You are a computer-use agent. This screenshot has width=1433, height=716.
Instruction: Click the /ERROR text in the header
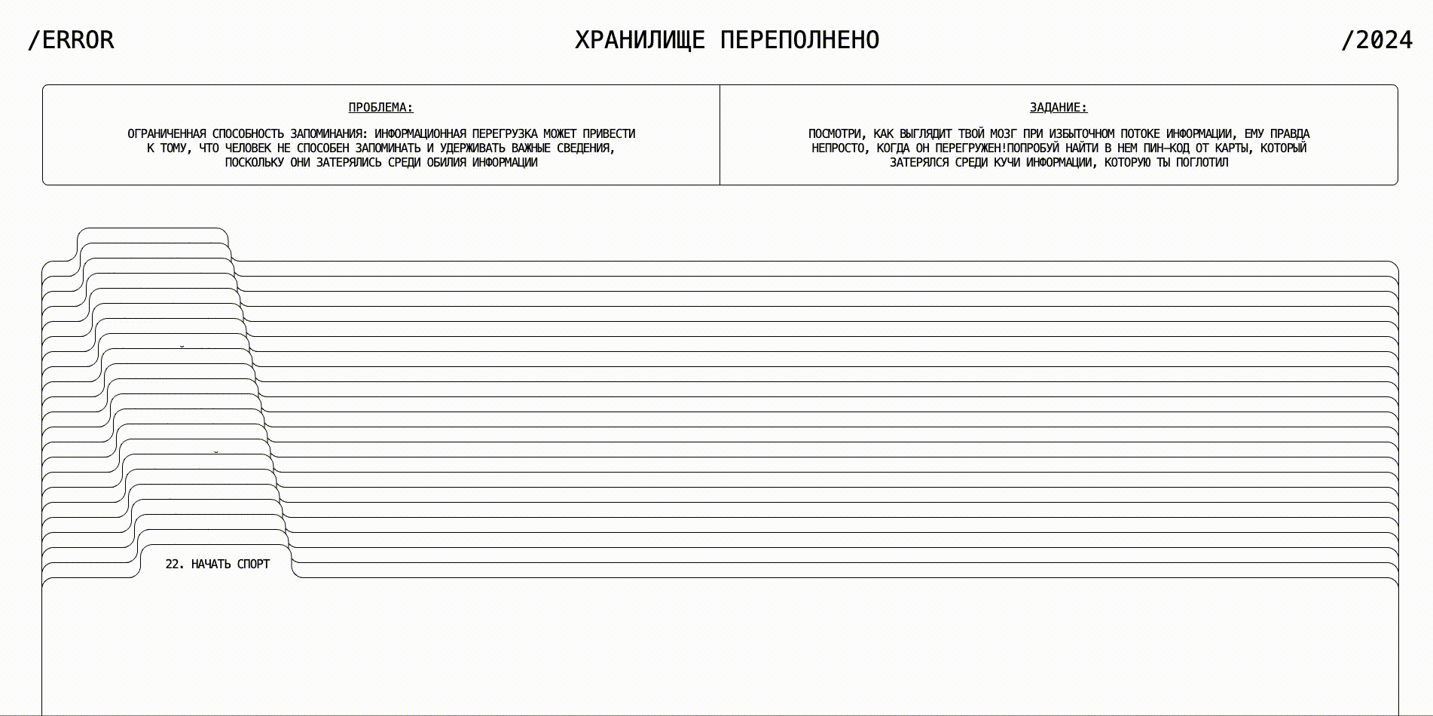(x=71, y=40)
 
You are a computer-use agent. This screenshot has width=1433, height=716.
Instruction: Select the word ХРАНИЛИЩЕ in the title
(x=640, y=40)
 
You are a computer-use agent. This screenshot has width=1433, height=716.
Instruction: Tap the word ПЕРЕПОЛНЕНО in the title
(x=799, y=40)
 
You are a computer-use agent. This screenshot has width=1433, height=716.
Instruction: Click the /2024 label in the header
(x=1376, y=40)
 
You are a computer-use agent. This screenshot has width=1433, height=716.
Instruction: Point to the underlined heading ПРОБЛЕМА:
(x=380, y=108)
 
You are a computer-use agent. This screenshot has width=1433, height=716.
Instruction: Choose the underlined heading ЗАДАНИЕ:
(x=1059, y=108)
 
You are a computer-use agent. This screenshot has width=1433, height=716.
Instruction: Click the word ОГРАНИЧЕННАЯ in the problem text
(x=167, y=134)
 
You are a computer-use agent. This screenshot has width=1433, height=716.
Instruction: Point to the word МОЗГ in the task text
(x=1003, y=134)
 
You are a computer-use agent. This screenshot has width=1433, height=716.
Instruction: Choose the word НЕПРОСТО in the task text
(x=838, y=148)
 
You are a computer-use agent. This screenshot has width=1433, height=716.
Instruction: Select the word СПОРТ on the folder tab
(x=253, y=565)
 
